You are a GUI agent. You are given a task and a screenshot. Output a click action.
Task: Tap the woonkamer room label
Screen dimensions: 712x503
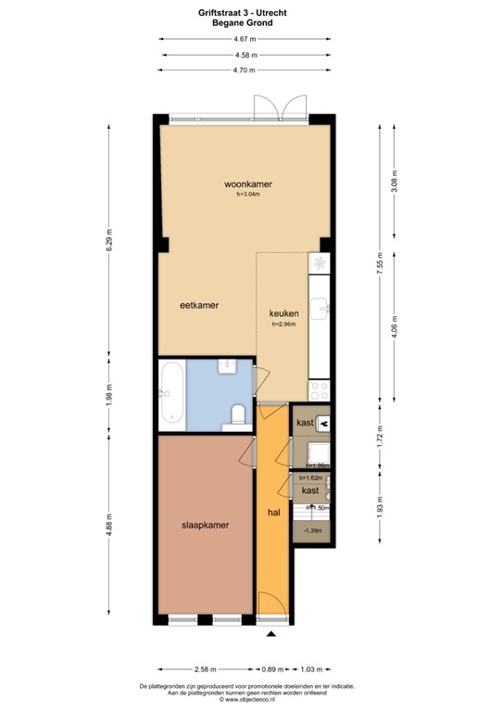pyautogui.click(x=247, y=184)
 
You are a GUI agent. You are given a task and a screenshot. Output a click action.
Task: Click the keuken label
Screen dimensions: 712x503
pyautogui.click(x=283, y=313)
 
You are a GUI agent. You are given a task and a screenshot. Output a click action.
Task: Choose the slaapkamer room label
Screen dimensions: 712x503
pyautogui.click(x=205, y=525)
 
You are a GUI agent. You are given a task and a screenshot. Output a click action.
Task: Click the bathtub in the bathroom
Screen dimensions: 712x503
pyautogui.click(x=170, y=394)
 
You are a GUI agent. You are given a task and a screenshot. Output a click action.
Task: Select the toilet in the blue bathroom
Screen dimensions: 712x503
pyautogui.click(x=238, y=413)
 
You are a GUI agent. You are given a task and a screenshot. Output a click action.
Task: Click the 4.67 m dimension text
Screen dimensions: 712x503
pyautogui.click(x=245, y=39)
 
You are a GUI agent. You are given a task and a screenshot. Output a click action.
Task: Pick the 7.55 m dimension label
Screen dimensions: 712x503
pyautogui.click(x=379, y=266)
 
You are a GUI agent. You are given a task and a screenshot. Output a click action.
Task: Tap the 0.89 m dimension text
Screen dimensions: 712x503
pyautogui.click(x=272, y=668)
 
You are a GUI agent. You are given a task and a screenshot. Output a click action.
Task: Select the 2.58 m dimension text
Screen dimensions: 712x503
pyautogui.click(x=206, y=668)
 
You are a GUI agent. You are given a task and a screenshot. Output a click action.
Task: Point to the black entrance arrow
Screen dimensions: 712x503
pyautogui.click(x=272, y=635)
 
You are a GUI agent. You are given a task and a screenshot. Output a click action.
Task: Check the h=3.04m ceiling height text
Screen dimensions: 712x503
pyautogui.click(x=247, y=194)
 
